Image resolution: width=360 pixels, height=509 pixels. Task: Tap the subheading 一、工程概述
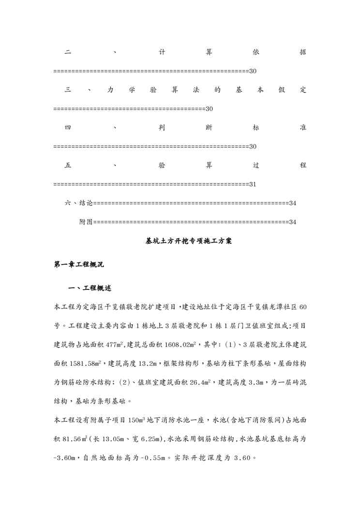90,288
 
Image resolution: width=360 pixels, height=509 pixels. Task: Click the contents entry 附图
86,222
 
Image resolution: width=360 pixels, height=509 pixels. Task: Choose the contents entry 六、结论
78,203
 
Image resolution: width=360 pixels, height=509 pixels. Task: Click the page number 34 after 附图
292,222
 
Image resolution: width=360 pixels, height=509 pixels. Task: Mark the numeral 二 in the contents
67,52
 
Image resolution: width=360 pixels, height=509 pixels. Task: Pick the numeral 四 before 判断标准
67,128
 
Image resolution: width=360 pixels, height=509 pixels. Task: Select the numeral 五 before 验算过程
67,165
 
